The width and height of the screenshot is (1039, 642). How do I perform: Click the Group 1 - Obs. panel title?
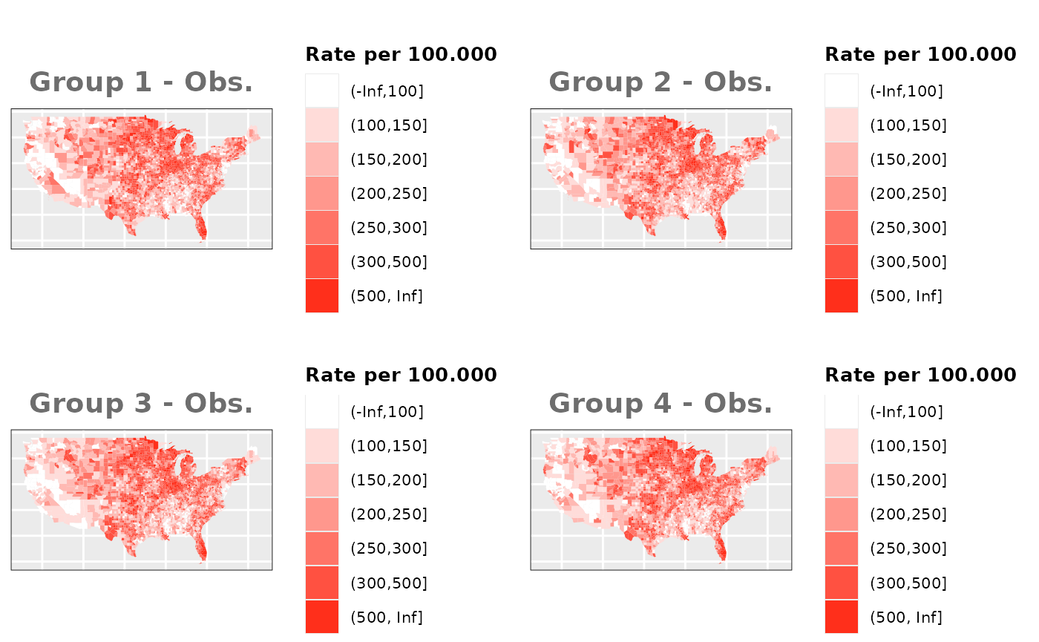[x=141, y=82]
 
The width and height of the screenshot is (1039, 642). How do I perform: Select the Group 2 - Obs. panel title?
[x=661, y=82]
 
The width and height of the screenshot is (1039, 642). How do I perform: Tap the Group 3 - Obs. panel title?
[x=141, y=404]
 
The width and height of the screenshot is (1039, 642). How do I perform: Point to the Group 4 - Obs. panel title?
[x=661, y=404]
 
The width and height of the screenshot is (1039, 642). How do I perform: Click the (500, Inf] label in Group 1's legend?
[x=386, y=296]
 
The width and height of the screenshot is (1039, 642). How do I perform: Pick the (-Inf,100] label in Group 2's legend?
[x=906, y=91]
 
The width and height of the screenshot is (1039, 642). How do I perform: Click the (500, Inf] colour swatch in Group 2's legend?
[x=842, y=296]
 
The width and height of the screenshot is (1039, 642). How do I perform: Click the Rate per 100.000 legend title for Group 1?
[x=401, y=54]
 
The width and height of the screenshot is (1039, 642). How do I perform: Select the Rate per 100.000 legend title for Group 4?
[x=920, y=375]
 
